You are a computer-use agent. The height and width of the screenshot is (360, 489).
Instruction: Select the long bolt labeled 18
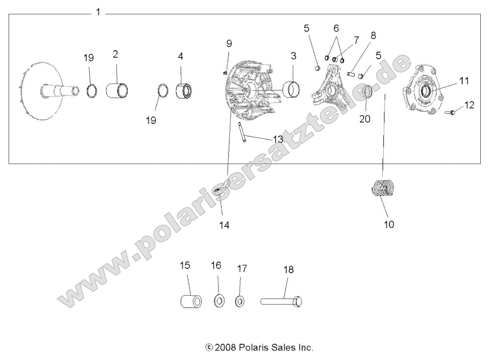282,302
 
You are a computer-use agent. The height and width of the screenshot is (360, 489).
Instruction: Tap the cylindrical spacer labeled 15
192,301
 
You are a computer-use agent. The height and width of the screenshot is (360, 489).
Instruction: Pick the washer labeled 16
219,302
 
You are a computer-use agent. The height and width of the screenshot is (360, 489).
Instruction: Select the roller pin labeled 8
351,75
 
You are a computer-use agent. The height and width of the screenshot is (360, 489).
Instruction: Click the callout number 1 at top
98,12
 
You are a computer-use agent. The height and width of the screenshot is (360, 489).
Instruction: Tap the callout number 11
464,81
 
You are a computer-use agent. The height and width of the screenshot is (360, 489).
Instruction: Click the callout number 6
336,28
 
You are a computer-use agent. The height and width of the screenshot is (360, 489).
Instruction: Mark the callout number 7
356,40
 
